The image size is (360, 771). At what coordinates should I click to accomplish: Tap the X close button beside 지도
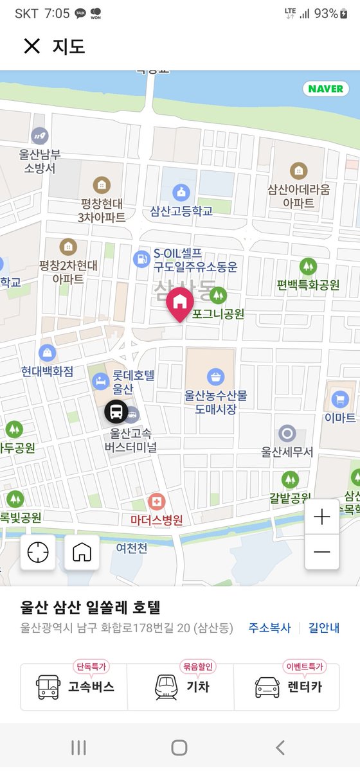(32, 46)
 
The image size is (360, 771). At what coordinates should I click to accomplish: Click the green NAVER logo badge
(325, 89)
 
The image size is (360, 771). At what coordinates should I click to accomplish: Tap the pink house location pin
(179, 303)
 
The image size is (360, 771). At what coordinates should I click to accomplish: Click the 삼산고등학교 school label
(181, 211)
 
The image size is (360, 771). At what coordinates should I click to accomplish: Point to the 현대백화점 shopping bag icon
(47, 353)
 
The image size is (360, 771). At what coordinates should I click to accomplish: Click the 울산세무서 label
(287, 452)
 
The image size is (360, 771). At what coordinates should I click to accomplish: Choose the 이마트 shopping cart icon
(340, 400)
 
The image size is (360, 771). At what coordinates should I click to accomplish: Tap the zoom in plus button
(321, 517)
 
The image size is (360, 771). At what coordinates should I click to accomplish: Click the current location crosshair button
(38, 552)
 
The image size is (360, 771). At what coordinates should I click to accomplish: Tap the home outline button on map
(82, 552)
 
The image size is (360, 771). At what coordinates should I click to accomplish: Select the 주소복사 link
(269, 628)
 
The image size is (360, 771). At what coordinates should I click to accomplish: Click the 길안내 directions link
(324, 628)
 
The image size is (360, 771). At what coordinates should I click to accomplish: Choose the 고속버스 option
(75, 687)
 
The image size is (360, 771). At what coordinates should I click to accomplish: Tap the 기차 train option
(180, 687)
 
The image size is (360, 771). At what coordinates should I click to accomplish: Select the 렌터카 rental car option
(287, 687)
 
